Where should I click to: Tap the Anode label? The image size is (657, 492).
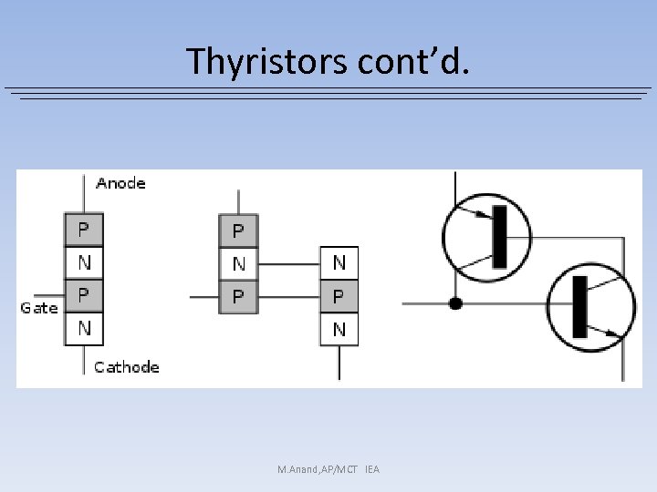pyautogui.click(x=120, y=183)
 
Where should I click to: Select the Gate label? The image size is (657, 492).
pyautogui.click(x=39, y=308)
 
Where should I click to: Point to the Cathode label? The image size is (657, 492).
pyautogui.click(x=127, y=367)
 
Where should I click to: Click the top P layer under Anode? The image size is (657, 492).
pyautogui.click(x=84, y=229)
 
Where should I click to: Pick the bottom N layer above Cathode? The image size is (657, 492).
pyautogui.click(x=84, y=328)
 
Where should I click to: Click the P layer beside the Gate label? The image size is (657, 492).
pyautogui.click(x=84, y=295)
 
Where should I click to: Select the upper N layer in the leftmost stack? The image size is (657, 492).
pyautogui.click(x=84, y=262)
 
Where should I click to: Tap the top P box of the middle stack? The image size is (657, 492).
pyautogui.click(x=239, y=231)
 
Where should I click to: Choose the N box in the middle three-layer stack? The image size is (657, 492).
pyautogui.click(x=239, y=264)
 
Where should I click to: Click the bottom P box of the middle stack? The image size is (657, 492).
pyautogui.click(x=239, y=297)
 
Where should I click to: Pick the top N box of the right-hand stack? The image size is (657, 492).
pyautogui.click(x=339, y=263)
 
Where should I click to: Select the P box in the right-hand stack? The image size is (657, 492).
pyautogui.click(x=339, y=297)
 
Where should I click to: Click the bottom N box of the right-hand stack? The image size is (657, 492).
pyautogui.click(x=339, y=329)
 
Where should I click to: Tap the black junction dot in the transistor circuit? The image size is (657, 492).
pyautogui.click(x=455, y=303)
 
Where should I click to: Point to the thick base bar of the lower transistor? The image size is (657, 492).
pyautogui.click(x=579, y=306)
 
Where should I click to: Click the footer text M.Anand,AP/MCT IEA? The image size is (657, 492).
pyautogui.click(x=328, y=469)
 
